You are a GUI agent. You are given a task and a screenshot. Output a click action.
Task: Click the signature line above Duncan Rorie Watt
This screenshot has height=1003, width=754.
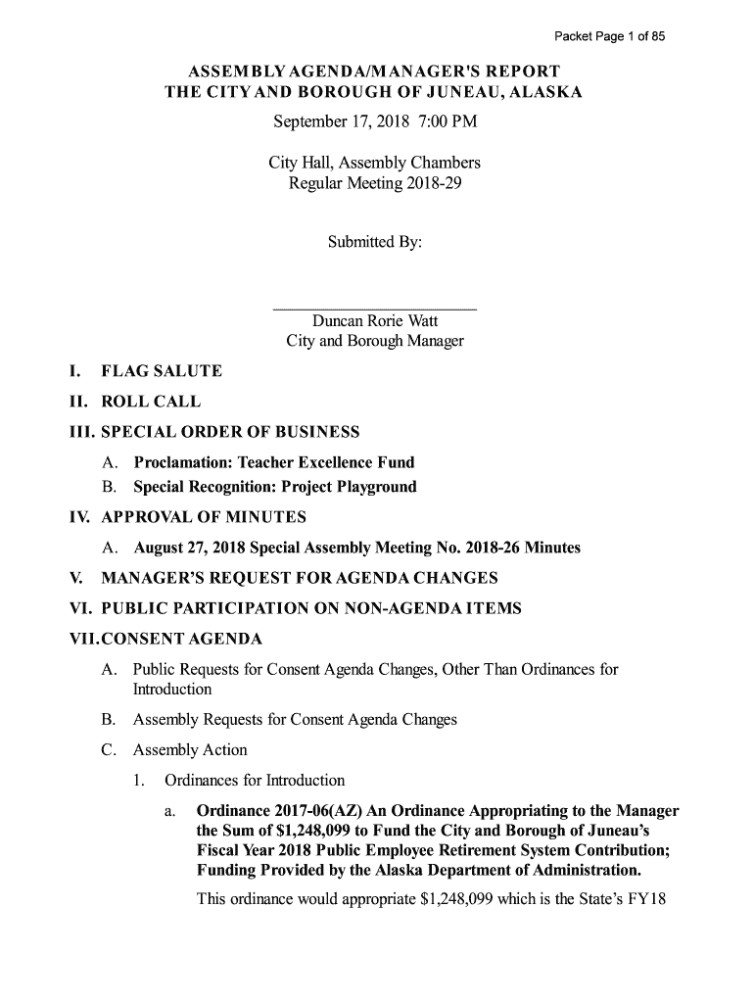click(374, 309)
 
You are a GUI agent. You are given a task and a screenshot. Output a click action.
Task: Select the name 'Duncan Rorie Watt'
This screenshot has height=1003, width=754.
click(374, 321)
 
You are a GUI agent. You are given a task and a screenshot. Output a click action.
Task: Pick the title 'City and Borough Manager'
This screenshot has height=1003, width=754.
click(374, 342)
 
